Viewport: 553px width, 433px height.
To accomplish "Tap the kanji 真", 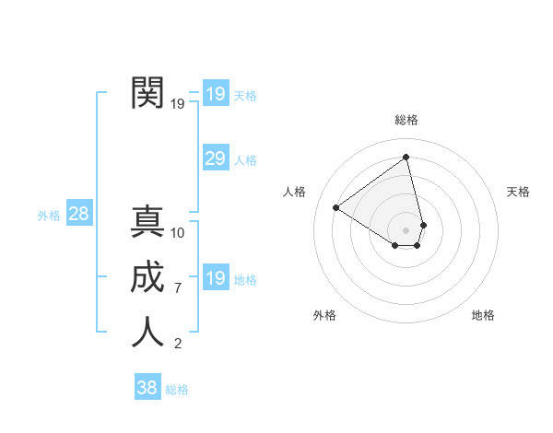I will (147, 222).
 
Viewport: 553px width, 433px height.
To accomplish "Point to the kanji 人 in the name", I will (147, 333).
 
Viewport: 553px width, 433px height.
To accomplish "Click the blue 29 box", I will (215, 158).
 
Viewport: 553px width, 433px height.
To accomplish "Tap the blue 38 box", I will (147, 388).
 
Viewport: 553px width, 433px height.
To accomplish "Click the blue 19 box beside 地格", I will (215, 278).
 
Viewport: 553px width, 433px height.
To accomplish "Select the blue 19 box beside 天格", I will (215, 94).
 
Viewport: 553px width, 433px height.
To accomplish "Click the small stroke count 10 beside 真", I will (178, 233).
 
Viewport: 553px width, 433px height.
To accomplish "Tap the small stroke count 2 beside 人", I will (178, 345).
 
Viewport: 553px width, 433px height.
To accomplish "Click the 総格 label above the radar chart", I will (406, 120).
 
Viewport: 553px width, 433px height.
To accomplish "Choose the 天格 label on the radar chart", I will (519, 192).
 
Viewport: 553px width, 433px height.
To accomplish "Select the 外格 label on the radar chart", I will (324, 315).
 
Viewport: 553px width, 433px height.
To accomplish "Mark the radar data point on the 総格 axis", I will (406, 158).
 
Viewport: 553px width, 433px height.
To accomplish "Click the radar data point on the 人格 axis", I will (336, 207).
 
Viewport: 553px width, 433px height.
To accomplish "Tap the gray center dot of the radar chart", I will (406, 229).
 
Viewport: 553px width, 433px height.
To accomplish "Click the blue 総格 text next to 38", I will (177, 390).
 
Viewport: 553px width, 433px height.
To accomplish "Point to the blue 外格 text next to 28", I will (49, 216).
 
